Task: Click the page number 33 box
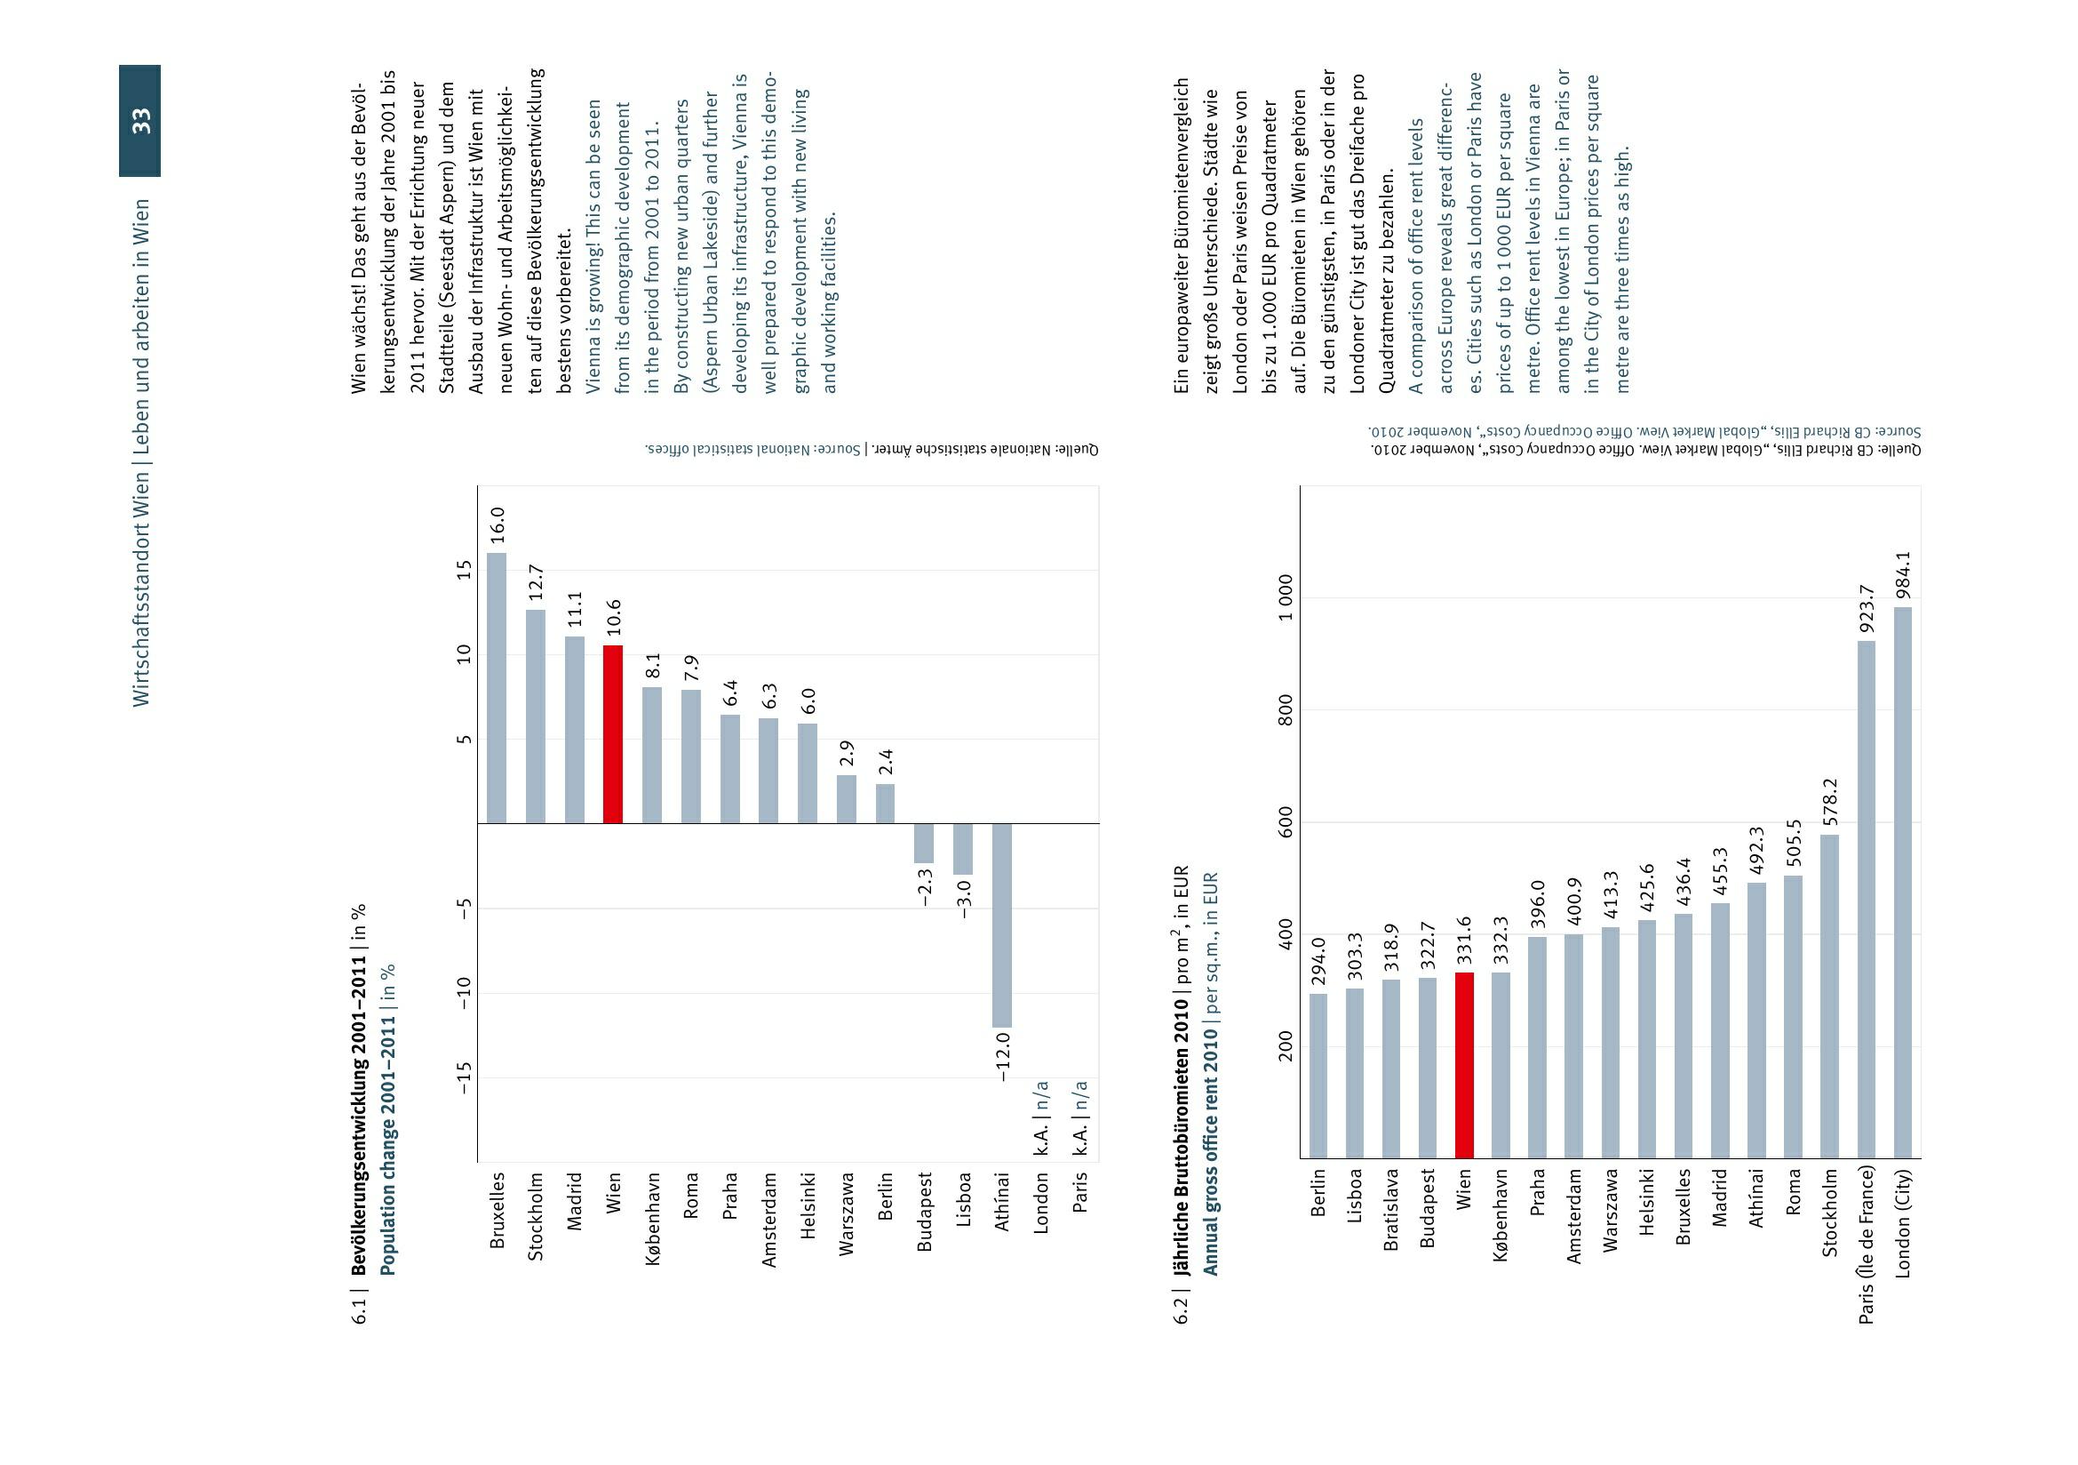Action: [x=140, y=120]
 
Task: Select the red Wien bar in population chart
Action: [x=613, y=734]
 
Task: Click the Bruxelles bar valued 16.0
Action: [x=497, y=688]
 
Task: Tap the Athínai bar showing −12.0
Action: [x=1002, y=925]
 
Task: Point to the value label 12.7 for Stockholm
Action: [x=535, y=582]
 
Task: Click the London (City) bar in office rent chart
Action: [x=1902, y=882]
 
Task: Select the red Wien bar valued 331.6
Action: [x=1464, y=1065]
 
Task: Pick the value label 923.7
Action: [x=1867, y=608]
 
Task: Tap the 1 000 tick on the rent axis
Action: [x=1286, y=597]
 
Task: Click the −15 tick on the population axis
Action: [x=465, y=1077]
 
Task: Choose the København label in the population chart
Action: [x=653, y=1220]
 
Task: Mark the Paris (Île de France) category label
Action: [x=1867, y=1244]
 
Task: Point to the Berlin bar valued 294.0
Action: [x=1318, y=1076]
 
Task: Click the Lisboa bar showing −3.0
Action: [x=963, y=849]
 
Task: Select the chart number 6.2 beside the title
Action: [x=1181, y=1309]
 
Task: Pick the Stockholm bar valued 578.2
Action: [x=1829, y=996]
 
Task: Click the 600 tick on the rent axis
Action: [x=1286, y=822]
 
